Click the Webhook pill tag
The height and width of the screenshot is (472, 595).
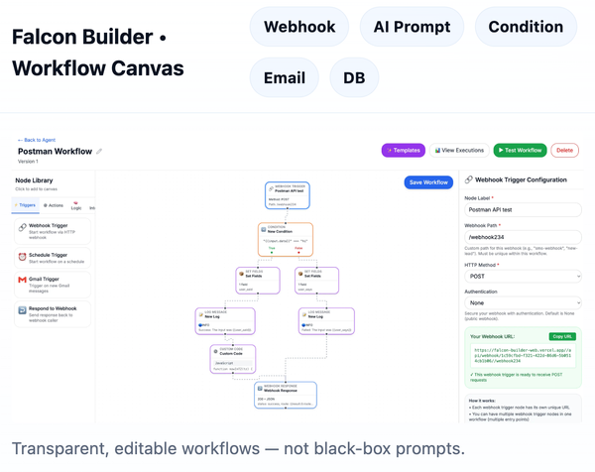point(299,27)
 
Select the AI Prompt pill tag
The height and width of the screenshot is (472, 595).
point(412,27)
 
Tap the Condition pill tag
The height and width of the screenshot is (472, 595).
point(526,27)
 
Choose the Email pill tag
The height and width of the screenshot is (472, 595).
point(285,78)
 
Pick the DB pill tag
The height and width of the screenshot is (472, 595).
point(354,78)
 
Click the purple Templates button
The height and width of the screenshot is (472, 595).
point(404,151)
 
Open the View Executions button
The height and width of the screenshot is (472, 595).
point(459,151)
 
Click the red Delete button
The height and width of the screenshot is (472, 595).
point(564,151)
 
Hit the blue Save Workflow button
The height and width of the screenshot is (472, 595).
point(428,182)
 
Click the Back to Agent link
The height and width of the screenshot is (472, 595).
point(38,140)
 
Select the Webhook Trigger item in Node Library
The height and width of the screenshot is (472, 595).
point(53,231)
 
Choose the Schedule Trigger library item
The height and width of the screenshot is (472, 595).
point(53,258)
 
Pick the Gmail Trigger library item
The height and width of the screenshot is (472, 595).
point(53,285)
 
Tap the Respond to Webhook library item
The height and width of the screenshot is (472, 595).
point(53,313)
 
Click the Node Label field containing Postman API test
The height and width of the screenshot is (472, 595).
point(523,210)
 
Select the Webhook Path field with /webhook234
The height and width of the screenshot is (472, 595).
point(523,238)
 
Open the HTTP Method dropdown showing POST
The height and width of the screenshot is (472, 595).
point(523,277)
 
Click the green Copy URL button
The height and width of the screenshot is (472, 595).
point(562,337)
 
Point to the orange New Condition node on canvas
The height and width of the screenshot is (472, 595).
point(286,239)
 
